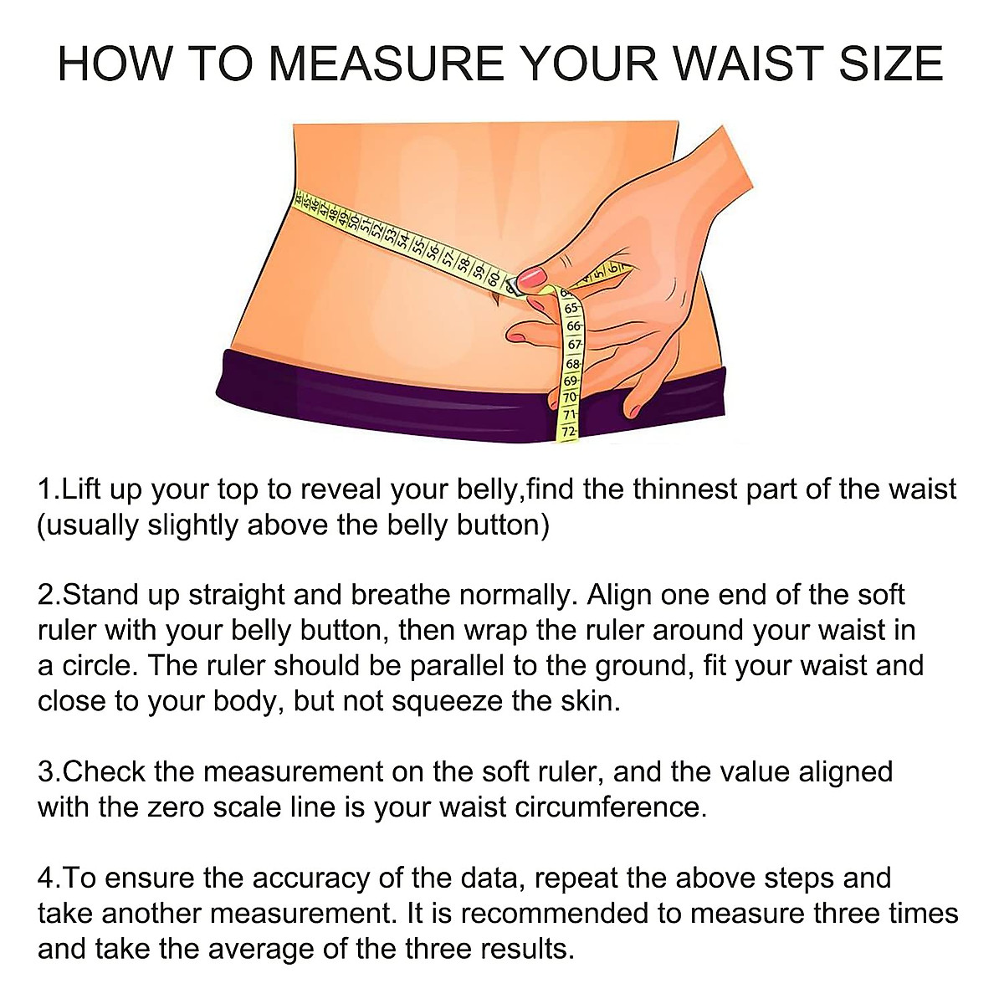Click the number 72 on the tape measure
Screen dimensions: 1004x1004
tap(569, 432)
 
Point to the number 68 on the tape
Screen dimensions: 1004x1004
tap(572, 364)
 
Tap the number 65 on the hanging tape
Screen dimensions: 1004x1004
tap(571, 308)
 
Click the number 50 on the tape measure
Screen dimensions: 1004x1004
tap(354, 222)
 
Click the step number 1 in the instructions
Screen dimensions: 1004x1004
tap(45, 489)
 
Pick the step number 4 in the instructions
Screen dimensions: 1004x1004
tap(46, 878)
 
